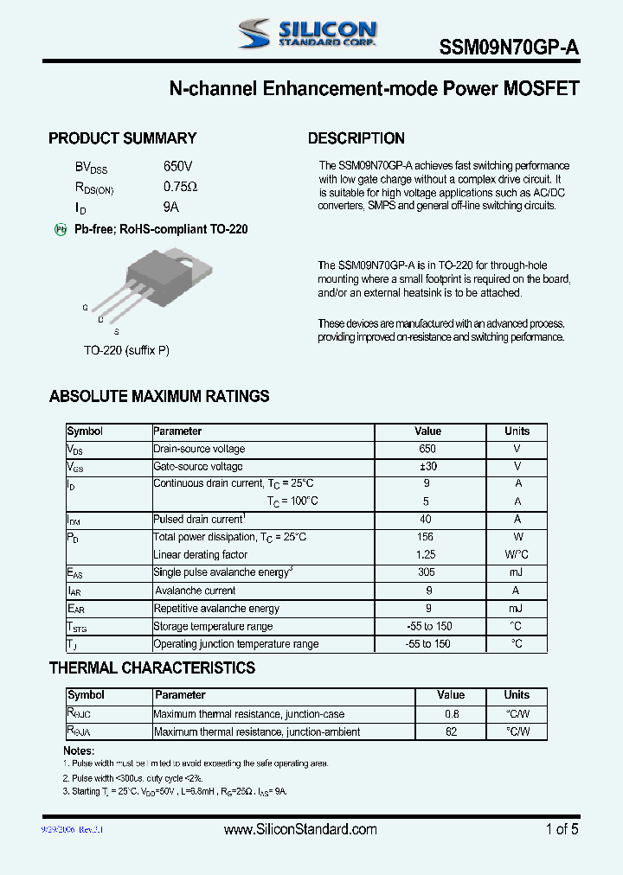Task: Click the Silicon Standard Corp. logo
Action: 307,34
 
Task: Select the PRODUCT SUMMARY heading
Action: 122,138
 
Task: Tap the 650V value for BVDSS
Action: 177,166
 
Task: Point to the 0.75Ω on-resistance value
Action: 180,187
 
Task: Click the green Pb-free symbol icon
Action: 61,229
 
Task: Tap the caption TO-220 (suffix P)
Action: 125,350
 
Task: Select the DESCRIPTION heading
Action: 356,138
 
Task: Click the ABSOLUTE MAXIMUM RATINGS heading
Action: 159,397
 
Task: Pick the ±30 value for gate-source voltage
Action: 427,467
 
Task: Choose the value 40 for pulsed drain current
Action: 427,520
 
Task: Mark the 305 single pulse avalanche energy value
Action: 427,572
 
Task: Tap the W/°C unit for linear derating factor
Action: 517,555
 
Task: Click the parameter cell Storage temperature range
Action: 213,626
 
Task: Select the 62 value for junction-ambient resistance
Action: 451,731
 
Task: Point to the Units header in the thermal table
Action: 517,695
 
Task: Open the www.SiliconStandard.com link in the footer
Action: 300,829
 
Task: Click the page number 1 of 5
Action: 562,829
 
